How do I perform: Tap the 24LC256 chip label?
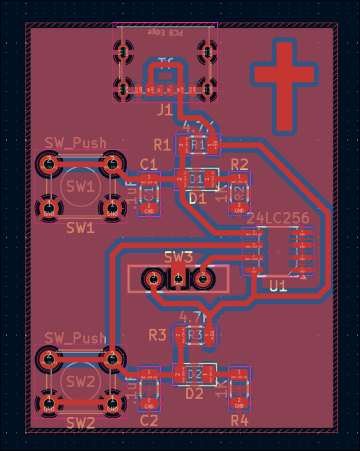pos(279,219)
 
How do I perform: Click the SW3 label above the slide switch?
pos(178,258)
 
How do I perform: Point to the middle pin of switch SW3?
pos(178,279)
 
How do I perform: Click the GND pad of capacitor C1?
pos(149,208)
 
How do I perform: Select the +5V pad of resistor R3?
pos(209,335)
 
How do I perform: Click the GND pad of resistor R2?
pos(239,208)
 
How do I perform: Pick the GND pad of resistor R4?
pos(239,403)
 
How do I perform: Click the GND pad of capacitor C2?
pos(149,403)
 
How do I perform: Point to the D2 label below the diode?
pos(195,394)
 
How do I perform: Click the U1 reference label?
pos(278,286)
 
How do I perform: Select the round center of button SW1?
pos(81,186)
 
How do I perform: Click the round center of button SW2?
pos(81,382)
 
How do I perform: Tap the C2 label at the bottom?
pos(149,421)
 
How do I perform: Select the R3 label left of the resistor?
pos(158,335)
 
